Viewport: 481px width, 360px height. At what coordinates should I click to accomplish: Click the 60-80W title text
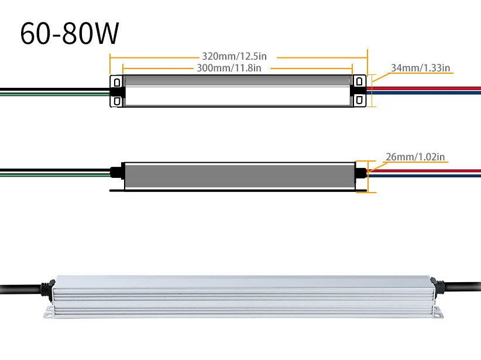(70, 34)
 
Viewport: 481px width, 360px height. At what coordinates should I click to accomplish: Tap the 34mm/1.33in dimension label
(420, 68)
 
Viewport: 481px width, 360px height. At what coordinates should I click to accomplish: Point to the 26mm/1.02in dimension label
(415, 157)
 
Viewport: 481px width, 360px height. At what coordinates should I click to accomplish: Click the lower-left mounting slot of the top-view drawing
(117, 101)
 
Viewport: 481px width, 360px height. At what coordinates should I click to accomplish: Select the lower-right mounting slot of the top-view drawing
(359, 101)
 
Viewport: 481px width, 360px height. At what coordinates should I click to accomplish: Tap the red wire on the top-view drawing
(427, 88)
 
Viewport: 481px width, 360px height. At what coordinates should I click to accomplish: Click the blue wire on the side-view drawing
(427, 175)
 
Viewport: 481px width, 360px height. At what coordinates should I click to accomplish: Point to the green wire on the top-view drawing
(53, 93)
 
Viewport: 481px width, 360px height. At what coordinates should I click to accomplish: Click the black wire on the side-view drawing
(53, 170)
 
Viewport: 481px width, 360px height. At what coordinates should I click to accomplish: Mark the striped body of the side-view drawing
(240, 176)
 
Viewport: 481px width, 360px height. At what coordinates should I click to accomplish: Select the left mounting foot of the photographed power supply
(50, 314)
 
